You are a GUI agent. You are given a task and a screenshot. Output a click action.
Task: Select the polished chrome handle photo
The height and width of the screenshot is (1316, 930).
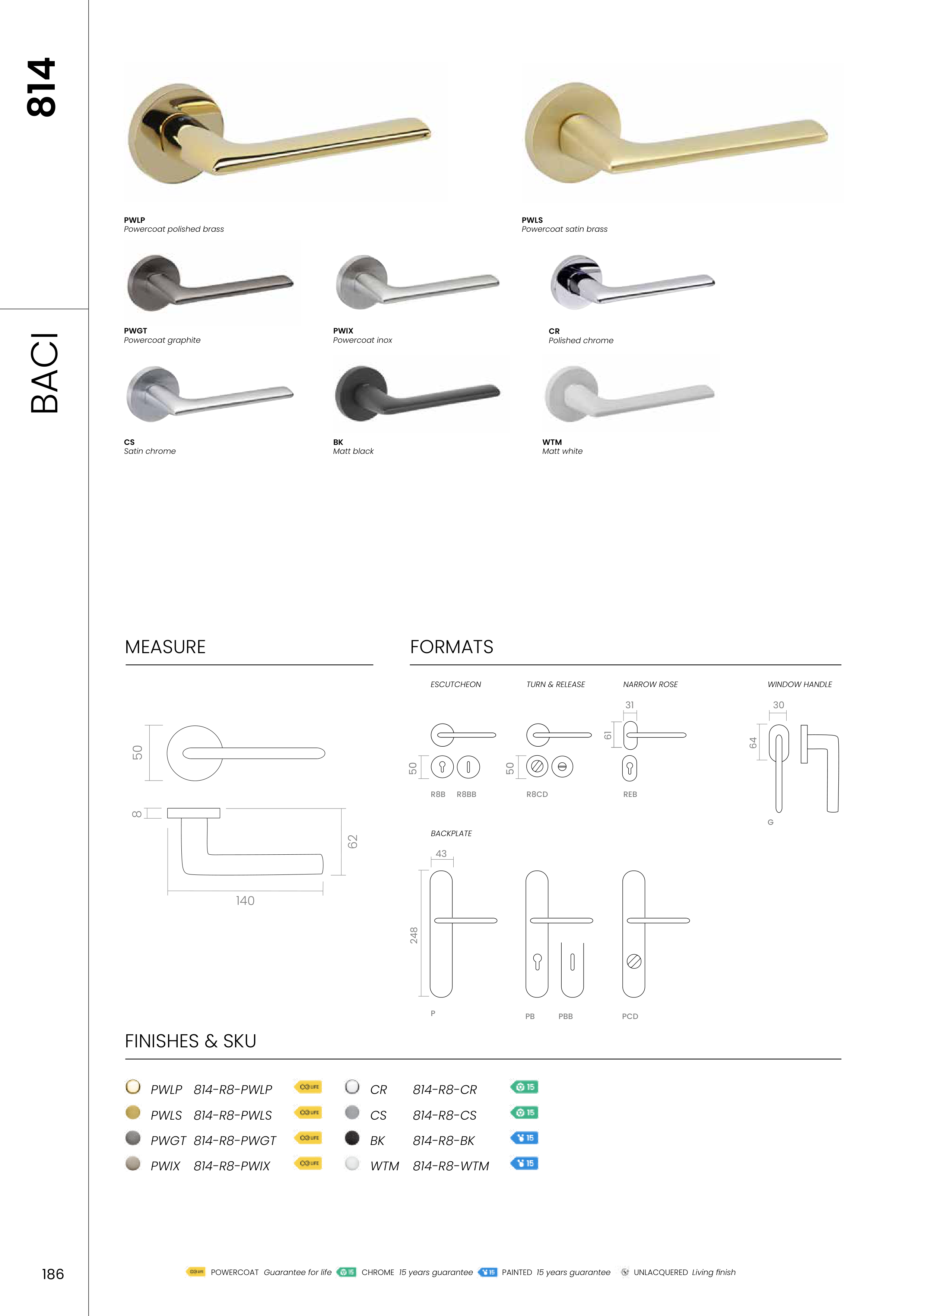pos(632,282)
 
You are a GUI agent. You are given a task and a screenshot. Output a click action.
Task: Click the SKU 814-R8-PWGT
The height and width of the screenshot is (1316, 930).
pos(235,1141)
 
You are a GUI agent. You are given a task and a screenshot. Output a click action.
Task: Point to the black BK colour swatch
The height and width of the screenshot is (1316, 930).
pos(352,1138)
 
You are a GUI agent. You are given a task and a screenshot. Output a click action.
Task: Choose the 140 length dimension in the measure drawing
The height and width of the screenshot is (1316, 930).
pos(245,901)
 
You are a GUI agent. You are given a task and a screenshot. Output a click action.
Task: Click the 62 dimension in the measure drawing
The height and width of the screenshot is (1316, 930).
pos(352,841)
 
